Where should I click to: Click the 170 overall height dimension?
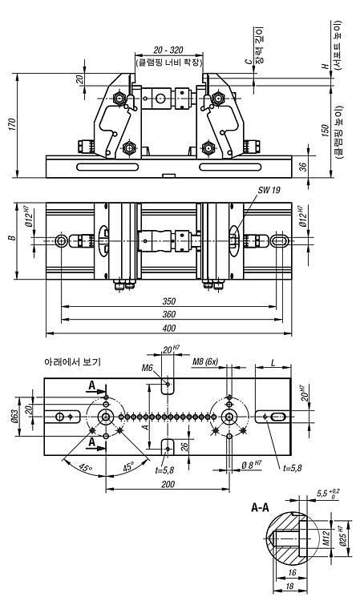12,124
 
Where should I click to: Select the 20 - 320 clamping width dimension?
168,50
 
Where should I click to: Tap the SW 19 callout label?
269,189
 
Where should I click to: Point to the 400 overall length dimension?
168,328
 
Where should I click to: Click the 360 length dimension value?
168,314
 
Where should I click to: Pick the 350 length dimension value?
168,301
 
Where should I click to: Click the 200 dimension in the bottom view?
168,484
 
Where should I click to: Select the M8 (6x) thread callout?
205,361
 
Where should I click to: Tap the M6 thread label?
148,368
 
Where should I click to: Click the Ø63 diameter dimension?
14,417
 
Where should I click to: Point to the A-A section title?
260,508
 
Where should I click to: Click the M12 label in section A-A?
326,538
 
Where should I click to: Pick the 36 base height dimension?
303,167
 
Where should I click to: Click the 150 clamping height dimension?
325,131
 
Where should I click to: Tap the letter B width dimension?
13,238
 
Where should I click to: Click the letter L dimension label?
273,362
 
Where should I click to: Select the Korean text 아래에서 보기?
72,361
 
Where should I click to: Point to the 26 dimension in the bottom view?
184,446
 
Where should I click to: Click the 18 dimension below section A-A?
290,587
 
